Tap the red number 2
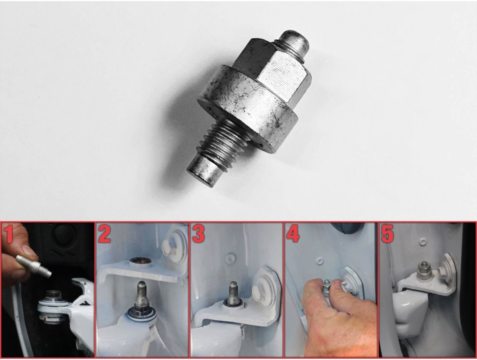(x=104, y=234)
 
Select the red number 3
(x=198, y=234)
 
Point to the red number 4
(x=293, y=234)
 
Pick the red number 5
(x=388, y=234)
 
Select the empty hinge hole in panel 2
(x=138, y=261)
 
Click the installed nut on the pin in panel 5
(x=423, y=270)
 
